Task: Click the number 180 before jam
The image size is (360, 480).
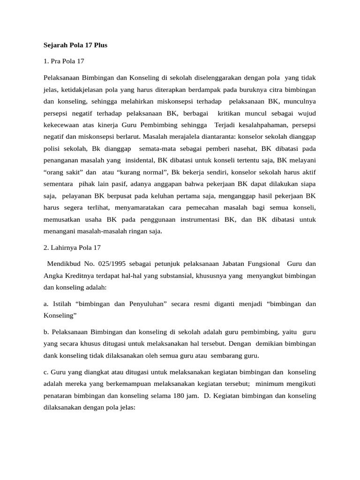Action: (180, 396)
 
